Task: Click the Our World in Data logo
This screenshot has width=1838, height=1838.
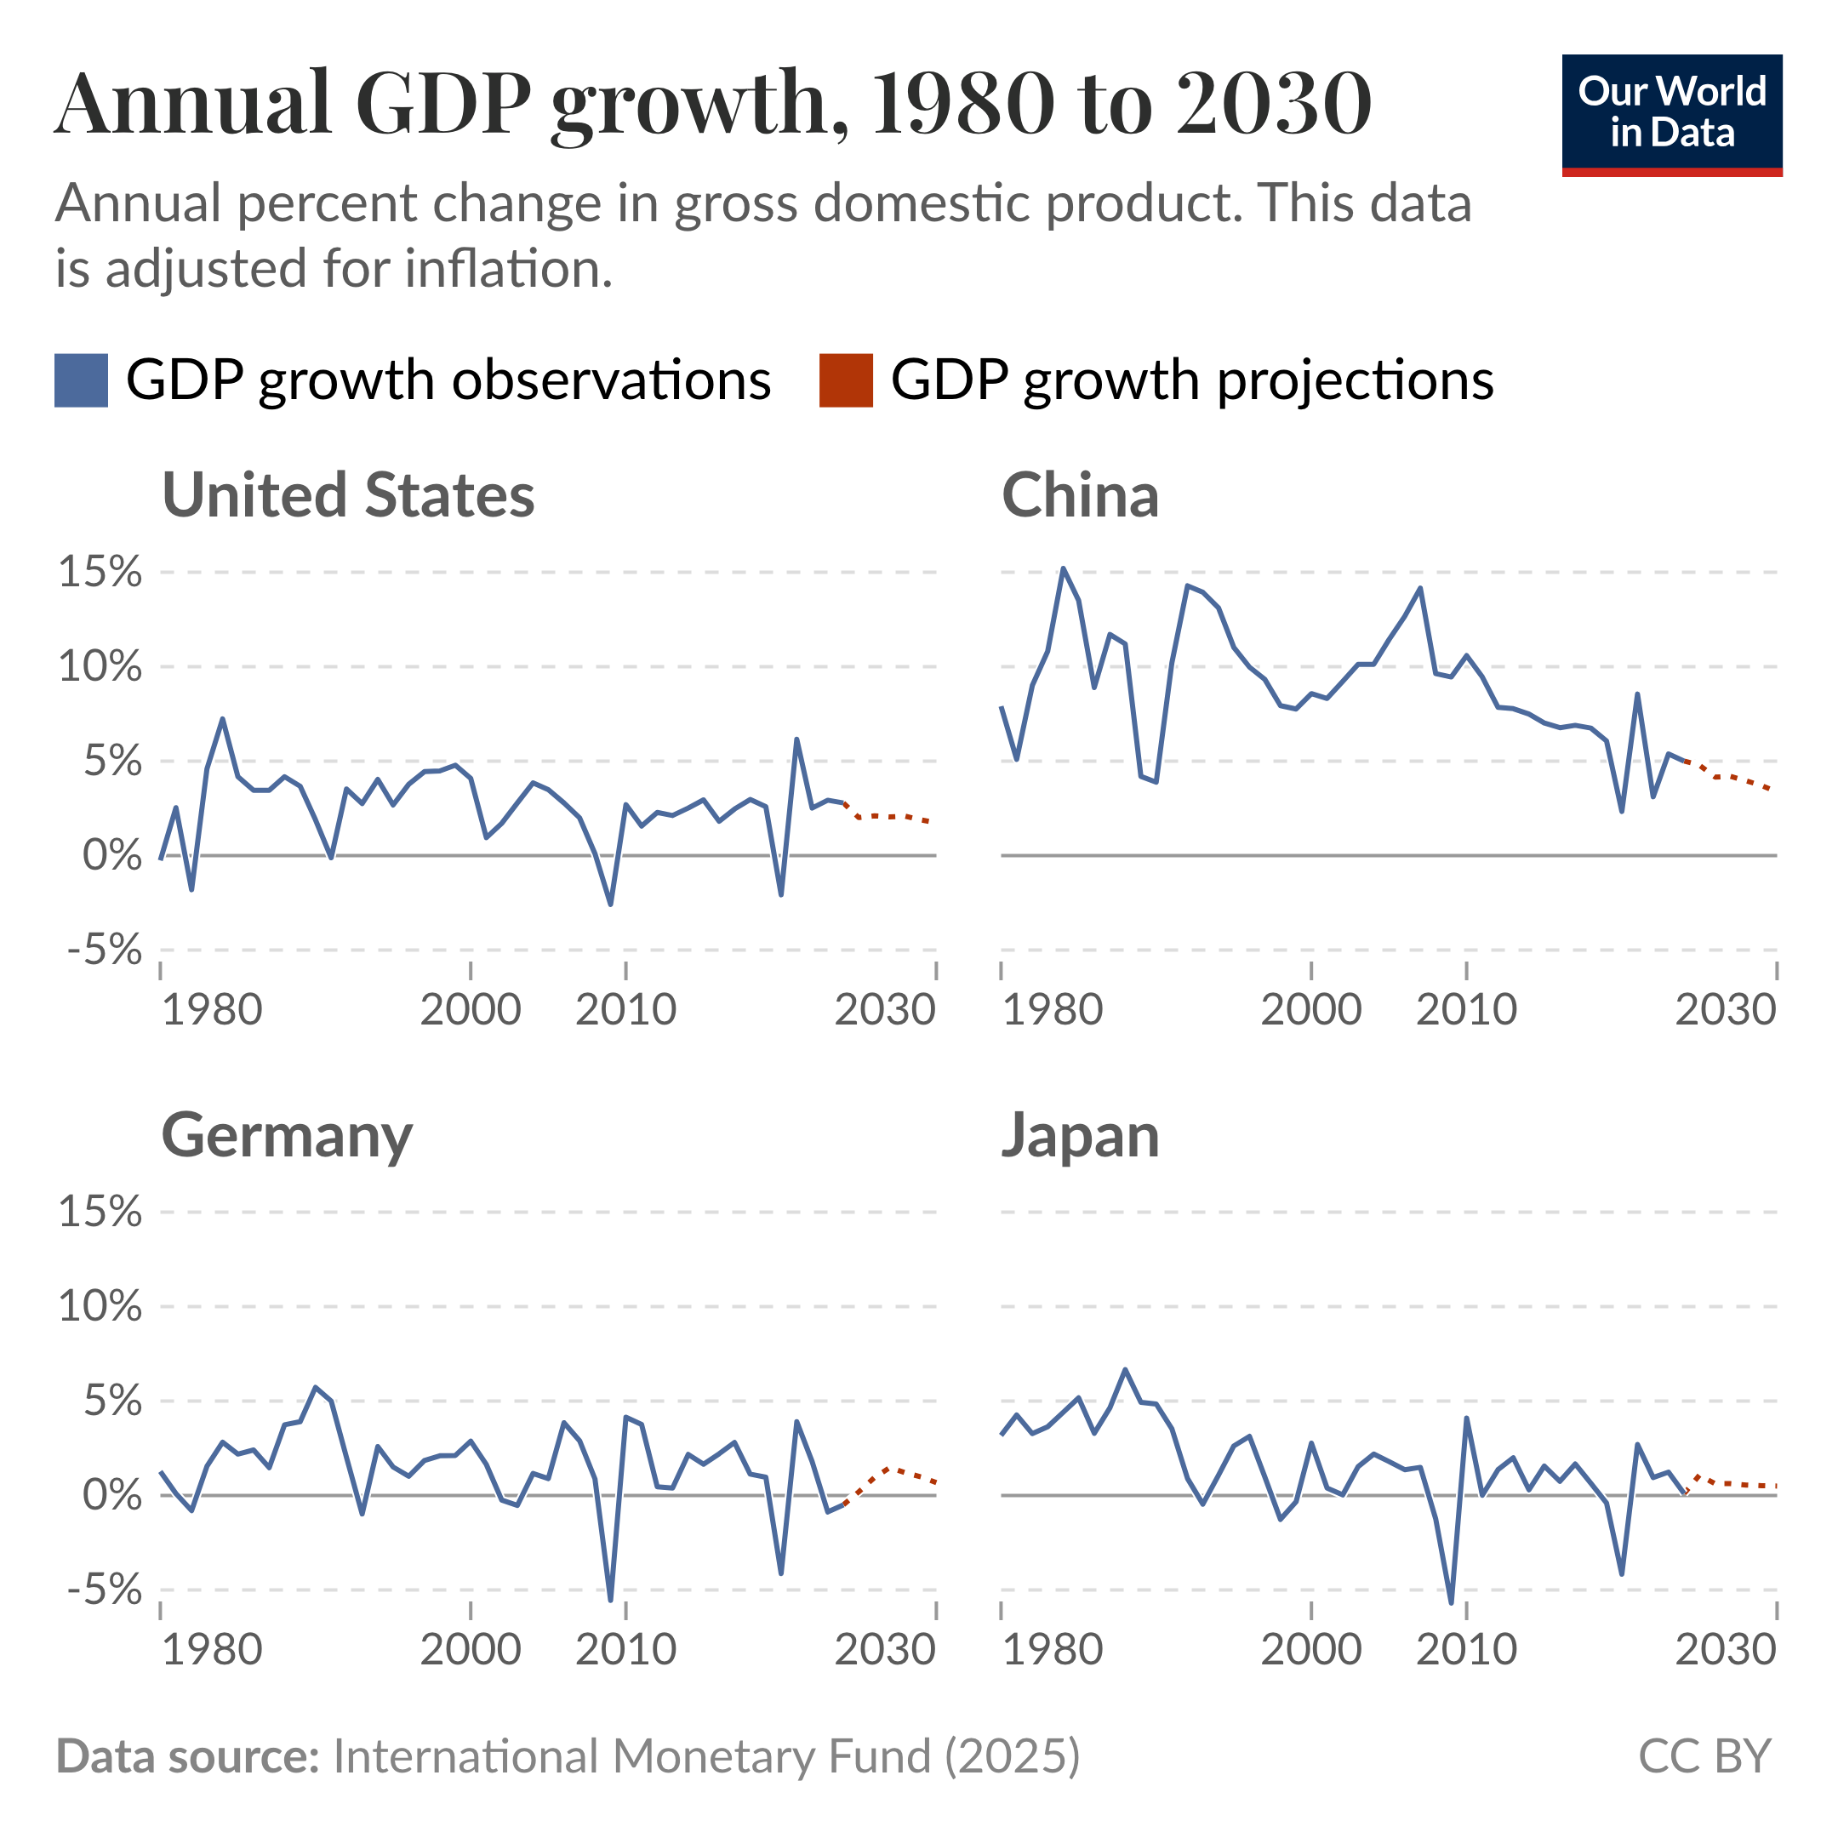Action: pyautogui.click(x=1671, y=114)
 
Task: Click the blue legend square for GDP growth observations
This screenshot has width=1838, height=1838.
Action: pyautogui.click(x=81, y=380)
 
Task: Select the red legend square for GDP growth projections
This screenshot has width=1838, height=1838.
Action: pyautogui.click(x=846, y=380)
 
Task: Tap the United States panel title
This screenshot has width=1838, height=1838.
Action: pyautogui.click(x=348, y=495)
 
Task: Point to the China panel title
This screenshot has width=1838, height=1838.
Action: pyautogui.click(x=1080, y=495)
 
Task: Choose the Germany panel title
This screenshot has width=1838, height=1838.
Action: pyautogui.click(x=287, y=1136)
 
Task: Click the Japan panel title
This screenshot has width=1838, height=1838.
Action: pyautogui.click(x=1080, y=1136)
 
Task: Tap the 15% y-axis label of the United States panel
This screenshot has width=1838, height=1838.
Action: pyautogui.click(x=100, y=573)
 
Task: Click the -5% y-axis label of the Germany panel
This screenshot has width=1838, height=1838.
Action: pyautogui.click(x=104, y=1590)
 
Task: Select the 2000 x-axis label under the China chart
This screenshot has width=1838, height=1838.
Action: pyautogui.click(x=1311, y=1010)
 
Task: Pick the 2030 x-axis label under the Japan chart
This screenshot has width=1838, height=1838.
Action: pyautogui.click(x=1725, y=1650)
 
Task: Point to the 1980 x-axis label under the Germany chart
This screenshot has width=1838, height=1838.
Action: pyautogui.click(x=212, y=1650)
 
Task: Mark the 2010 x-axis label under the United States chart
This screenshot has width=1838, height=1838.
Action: pyautogui.click(x=625, y=1010)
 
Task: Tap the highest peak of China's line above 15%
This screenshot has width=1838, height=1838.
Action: pyautogui.click(x=1064, y=569)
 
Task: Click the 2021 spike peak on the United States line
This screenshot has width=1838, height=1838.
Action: pyautogui.click(x=796, y=739)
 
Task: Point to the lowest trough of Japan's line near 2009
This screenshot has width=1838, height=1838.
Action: pyautogui.click(x=1451, y=1602)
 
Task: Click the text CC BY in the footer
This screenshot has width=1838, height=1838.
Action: pyautogui.click(x=1704, y=1756)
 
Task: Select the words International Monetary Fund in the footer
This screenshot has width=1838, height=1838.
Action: pyautogui.click(x=631, y=1756)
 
